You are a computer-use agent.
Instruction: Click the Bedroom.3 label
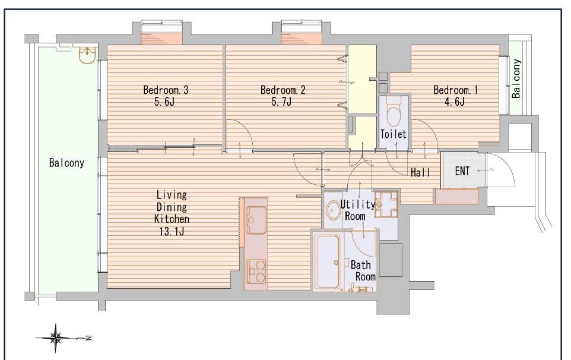[166, 90]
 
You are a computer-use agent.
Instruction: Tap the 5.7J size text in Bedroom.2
[281, 102]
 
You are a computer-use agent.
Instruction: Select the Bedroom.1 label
[456, 90]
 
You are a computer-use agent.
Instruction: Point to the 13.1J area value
[171, 231]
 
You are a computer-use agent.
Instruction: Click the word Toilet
[394, 134]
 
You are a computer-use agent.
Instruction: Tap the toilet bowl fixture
[394, 112]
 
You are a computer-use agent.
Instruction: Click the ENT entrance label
[462, 171]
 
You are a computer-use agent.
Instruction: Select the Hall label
[420, 172]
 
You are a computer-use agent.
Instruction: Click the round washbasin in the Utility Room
[333, 210]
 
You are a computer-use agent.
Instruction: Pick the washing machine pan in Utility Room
[386, 204]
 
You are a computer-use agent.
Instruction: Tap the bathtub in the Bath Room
[328, 261]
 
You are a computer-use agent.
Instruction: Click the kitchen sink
[256, 219]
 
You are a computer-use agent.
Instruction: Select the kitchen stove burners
[256, 271]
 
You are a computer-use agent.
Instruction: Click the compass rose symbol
[56, 338]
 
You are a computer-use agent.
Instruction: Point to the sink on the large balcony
[87, 55]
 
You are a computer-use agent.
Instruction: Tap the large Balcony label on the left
[66, 163]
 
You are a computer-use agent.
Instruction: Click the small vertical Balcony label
[516, 78]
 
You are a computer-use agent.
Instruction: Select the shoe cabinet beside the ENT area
[456, 197]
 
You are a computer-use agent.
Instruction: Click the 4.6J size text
[454, 102]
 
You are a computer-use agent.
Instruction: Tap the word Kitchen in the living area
[172, 219]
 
